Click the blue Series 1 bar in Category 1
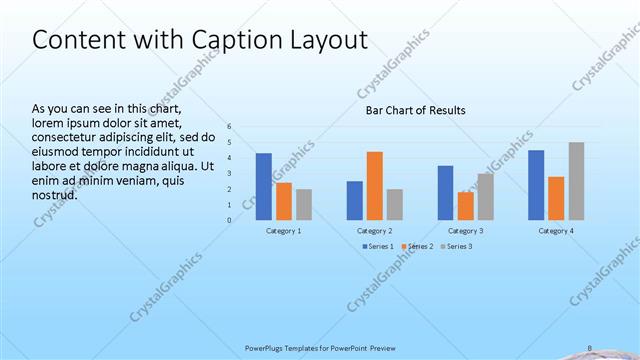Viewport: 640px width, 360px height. click(264, 186)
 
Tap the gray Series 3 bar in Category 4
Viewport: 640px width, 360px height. click(576, 180)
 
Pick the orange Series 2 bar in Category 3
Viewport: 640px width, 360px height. click(465, 205)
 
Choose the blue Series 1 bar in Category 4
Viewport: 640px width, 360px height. click(536, 184)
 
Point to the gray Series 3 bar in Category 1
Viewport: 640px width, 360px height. click(304, 204)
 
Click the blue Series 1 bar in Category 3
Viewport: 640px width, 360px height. click(445, 192)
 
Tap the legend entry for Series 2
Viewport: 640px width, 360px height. click(417, 246)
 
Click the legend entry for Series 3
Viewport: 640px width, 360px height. click(456, 246)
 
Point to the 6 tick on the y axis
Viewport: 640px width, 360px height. click(229, 126)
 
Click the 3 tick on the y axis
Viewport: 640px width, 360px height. click(229, 173)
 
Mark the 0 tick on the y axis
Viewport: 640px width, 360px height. click(229, 220)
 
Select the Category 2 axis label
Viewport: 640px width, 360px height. click(374, 231)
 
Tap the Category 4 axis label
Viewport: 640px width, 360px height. click(556, 231)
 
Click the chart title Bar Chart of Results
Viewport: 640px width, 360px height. click(415, 110)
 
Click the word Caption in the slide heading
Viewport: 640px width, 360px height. click(220, 40)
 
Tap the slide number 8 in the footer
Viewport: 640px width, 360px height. click(589, 348)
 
